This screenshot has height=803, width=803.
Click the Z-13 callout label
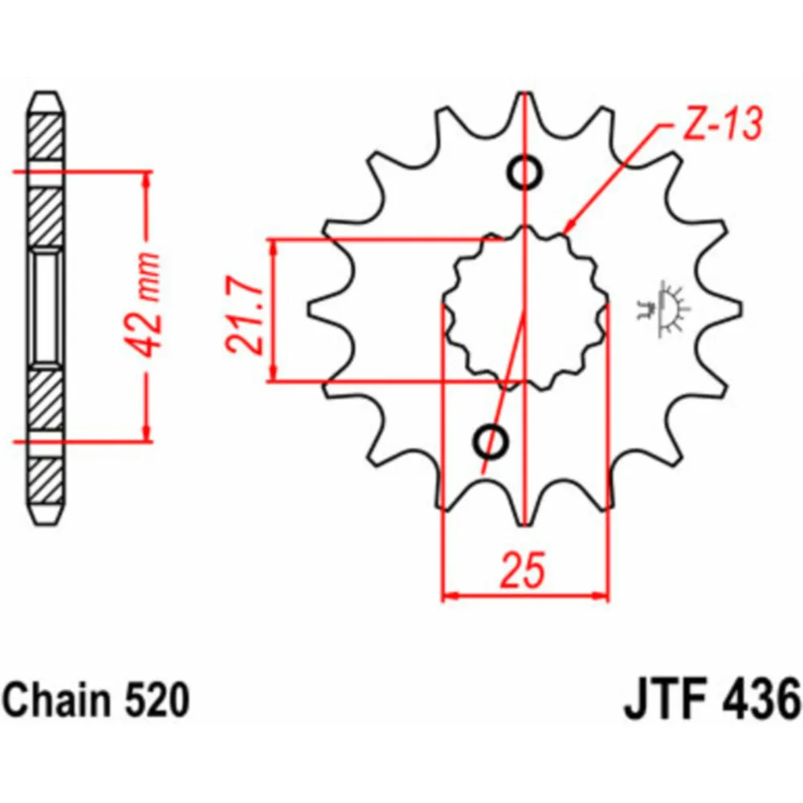click(x=723, y=124)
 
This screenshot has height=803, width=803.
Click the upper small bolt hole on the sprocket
click(x=524, y=172)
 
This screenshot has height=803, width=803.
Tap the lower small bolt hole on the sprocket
click(x=491, y=441)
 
